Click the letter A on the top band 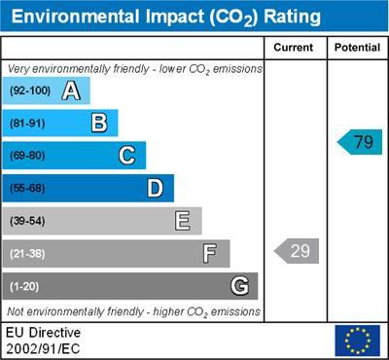click(x=70, y=91)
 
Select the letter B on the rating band click(x=98, y=124)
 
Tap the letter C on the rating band click(x=126, y=156)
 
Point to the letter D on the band click(x=155, y=189)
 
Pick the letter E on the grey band click(x=182, y=221)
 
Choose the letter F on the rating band click(x=209, y=254)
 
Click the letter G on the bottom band click(x=238, y=286)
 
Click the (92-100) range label click(x=30, y=91)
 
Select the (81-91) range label click(x=28, y=124)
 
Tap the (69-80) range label click(x=28, y=156)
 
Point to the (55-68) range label click(x=28, y=189)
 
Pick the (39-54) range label click(x=28, y=222)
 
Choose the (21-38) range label click(x=28, y=254)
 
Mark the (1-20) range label click(x=25, y=287)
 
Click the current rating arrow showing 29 click(x=297, y=251)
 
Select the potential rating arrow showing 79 click(x=360, y=142)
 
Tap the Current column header click(x=294, y=48)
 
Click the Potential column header click(x=357, y=48)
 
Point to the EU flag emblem click(x=357, y=340)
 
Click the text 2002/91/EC click(x=43, y=347)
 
